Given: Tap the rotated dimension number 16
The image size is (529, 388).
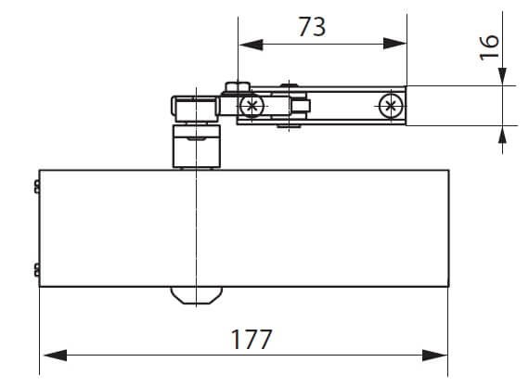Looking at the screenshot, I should click(489, 43).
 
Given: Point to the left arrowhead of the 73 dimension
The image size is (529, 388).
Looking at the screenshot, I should click(248, 43).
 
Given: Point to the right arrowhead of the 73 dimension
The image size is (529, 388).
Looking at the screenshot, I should click(396, 43).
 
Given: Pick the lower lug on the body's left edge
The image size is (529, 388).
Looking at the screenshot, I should click(36, 270).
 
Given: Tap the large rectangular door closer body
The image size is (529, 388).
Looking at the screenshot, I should click(243, 228).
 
